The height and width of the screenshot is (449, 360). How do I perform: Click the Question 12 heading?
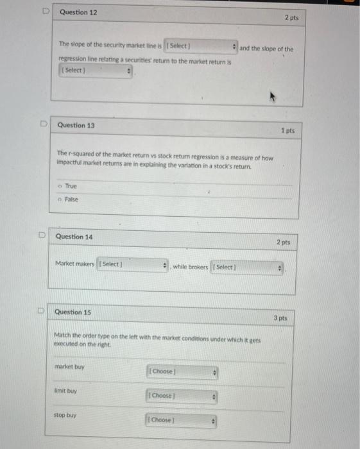point(78,13)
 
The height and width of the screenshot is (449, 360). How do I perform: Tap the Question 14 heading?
point(74,237)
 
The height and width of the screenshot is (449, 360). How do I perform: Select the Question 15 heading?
point(73,312)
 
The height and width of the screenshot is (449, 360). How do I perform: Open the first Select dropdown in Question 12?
point(201,47)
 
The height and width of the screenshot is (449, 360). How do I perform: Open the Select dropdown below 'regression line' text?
point(96,70)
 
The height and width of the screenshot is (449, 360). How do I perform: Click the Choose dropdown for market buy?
point(183,372)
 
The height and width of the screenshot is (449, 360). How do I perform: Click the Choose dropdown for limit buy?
point(183,396)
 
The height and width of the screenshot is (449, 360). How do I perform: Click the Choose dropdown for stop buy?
point(183,420)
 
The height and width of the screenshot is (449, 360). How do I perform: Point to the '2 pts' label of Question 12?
point(291,18)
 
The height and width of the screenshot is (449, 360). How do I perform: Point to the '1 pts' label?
point(287,131)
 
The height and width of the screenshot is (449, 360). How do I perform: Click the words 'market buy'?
point(69,367)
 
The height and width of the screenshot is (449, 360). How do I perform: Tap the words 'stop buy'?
point(65,415)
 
